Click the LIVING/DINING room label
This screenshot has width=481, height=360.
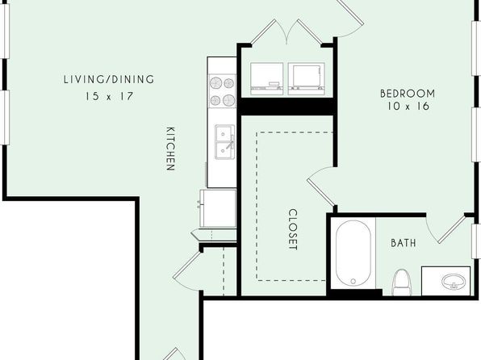109,79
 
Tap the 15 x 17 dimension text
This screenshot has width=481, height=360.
109,96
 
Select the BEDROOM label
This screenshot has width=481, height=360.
408,94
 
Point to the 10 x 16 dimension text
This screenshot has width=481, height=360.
408,107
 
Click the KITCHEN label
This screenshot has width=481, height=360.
170,149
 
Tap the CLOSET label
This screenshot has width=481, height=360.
293,229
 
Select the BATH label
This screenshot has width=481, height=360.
404,243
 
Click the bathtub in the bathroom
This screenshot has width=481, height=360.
353,253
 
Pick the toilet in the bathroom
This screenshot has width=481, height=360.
402,283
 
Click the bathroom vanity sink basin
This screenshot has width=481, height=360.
454,281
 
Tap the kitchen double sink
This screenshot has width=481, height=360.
225,142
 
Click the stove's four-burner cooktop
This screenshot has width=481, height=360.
223,91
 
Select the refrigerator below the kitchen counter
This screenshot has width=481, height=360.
218,208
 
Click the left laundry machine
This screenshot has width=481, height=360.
266,78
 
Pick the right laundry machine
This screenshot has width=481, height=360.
307,78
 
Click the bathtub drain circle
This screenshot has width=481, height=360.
353,281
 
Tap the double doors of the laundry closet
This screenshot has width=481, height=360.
286,32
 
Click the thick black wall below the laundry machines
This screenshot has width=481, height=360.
287,107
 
